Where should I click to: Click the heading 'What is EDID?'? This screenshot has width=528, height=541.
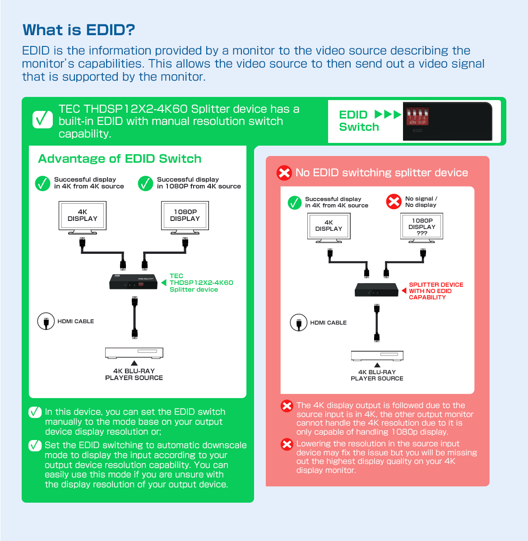pyautogui.click(x=79, y=30)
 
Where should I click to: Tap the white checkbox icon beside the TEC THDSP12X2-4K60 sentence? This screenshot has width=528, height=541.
pyautogui.click(x=43, y=119)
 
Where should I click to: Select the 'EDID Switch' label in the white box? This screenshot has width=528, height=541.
pyautogui.click(x=359, y=121)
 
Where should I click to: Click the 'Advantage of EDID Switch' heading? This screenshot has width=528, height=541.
pyautogui.click(x=120, y=159)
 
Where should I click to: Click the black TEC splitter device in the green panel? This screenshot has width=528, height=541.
pyautogui.click(x=133, y=282)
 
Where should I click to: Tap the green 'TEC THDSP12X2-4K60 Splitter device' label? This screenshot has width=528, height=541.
pyautogui.click(x=201, y=283)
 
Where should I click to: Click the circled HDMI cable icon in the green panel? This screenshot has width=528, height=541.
pyautogui.click(x=46, y=321)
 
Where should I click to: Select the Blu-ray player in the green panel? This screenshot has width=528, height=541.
pyautogui.click(x=134, y=353)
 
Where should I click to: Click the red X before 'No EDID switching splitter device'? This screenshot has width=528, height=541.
pyautogui.click(x=284, y=173)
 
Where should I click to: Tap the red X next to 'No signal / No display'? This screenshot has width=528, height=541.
pyautogui.click(x=394, y=202)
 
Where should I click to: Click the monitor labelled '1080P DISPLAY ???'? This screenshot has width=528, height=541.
pyautogui.click(x=422, y=226)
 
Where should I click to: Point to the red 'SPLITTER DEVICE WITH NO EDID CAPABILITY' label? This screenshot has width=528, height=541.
pyautogui.click(x=435, y=291)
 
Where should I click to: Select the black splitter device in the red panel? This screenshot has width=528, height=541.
pyautogui.click(x=376, y=290)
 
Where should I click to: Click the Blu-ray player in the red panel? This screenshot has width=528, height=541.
pyautogui.click(x=377, y=356)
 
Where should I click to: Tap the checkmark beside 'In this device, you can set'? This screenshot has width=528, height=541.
pyautogui.click(x=35, y=412)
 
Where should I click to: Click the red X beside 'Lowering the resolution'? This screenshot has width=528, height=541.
pyautogui.click(x=287, y=445)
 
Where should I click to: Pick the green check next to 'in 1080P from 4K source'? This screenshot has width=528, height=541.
pyautogui.click(x=146, y=183)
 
